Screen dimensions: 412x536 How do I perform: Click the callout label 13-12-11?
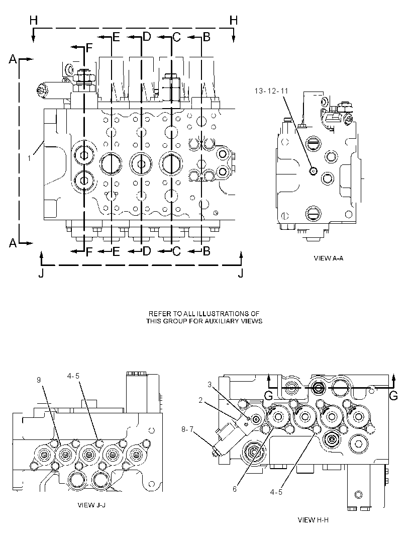pyautogui.click(x=271, y=91)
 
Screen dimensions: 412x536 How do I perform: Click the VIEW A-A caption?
pyautogui.click(x=328, y=258)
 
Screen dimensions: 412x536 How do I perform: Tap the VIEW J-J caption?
pyautogui.click(x=91, y=505)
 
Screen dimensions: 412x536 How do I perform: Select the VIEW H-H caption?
pyautogui.click(x=313, y=520)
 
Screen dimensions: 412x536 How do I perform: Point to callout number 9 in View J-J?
pyautogui.click(x=39, y=380)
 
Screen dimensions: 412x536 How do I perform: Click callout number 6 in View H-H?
pyautogui.click(x=234, y=489)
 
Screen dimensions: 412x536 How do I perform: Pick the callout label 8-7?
pyautogui.click(x=187, y=429)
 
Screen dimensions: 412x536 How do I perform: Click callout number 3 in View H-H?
pyautogui.click(x=210, y=385)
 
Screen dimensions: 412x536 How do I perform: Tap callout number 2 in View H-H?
pyautogui.click(x=201, y=400)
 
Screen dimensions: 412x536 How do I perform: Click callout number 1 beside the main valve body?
pyautogui.click(x=29, y=158)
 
